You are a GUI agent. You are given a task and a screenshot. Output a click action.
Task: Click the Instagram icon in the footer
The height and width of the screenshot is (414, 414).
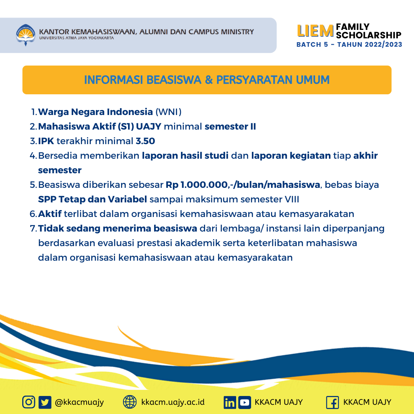click(29, 402)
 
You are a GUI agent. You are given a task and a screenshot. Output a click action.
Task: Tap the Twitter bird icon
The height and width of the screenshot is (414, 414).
click(45, 402)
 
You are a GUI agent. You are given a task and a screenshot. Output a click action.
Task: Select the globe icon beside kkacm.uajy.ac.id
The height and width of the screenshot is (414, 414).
click(130, 402)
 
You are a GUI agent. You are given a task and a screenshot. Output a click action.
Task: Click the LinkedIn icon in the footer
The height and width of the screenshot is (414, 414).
click(230, 402)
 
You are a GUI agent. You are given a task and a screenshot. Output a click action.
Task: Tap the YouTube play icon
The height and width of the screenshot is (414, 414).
click(245, 402)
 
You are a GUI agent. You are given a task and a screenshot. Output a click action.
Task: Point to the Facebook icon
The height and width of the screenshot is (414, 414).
click(332, 402)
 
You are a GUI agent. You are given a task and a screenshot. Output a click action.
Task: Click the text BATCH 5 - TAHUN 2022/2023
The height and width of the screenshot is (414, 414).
click(349, 44)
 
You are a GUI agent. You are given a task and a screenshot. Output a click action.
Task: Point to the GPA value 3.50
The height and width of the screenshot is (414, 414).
click(145, 141)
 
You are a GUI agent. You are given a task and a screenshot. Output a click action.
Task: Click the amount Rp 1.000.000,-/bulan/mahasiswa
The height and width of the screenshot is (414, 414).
click(243, 185)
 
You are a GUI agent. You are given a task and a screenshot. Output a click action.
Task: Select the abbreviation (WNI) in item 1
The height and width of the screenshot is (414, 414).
click(168, 112)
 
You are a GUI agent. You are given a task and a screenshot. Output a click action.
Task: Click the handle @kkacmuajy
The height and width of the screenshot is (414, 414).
click(79, 402)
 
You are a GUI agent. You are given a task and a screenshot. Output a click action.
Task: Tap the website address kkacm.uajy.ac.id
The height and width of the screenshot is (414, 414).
click(173, 402)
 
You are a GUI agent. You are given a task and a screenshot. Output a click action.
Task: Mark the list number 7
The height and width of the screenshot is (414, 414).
click(33, 228)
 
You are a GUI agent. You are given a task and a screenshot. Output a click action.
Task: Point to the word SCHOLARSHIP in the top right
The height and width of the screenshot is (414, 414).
click(368, 35)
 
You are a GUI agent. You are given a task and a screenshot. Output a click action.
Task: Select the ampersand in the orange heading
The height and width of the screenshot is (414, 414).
click(208, 80)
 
